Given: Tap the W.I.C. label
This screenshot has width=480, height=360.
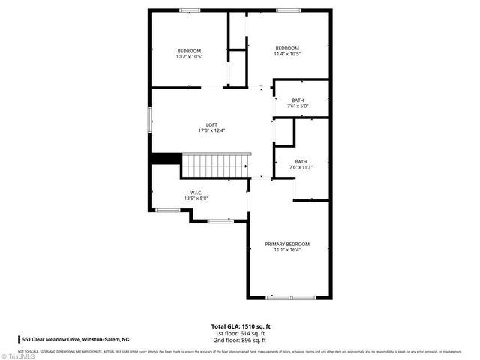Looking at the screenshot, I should [196, 193].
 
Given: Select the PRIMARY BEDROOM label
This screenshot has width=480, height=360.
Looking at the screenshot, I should [287, 244].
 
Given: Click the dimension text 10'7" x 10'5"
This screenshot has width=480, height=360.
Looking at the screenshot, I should [189, 56].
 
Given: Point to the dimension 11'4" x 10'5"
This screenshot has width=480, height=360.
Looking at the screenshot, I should [286, 54].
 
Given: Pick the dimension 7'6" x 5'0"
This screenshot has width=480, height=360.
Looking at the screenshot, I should [298, 106].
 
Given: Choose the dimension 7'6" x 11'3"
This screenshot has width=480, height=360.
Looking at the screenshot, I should [301, 167].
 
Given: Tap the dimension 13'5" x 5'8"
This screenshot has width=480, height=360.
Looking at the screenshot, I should [196, 199].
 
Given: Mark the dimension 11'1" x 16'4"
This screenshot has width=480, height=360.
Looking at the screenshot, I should [287, 250].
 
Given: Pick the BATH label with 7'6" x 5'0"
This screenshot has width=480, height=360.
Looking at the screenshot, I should [298, 100].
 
